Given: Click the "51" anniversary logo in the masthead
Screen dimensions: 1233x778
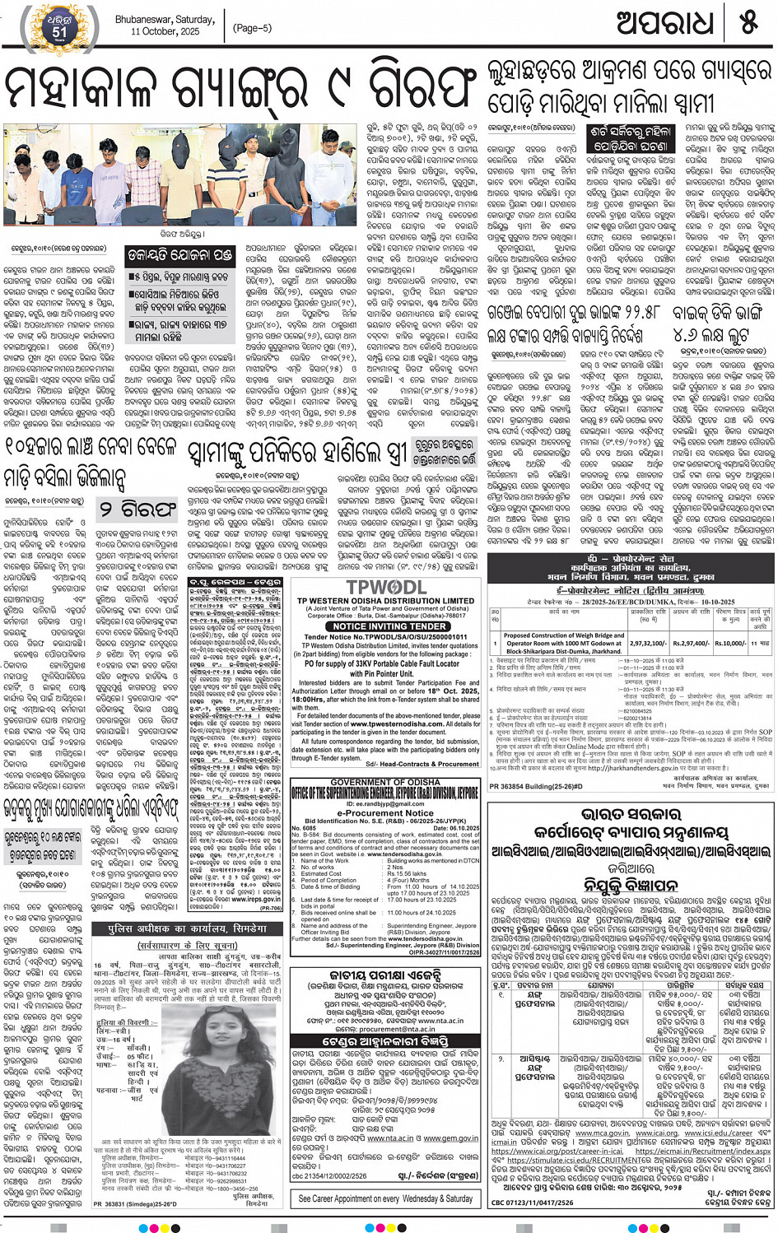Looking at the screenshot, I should (58, 30).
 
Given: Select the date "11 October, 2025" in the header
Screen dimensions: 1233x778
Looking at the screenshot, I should (165, 31).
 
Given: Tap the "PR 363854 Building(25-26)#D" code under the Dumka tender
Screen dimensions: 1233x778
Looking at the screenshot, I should (539, 786).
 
